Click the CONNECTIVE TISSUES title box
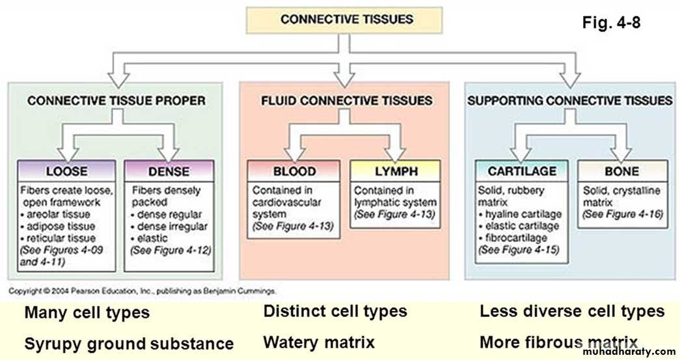[x=347, y=19]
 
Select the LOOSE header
[x=67, y=172]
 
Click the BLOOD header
[x=294, y=172]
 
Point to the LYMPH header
[x=395, y=172]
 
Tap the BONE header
[x=621, y=172]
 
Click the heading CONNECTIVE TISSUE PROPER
[x=117, y=101]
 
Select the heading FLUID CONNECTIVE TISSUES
[x=346, y=101]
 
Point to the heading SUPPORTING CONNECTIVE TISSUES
[x=569, y=101]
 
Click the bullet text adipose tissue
[x=62, y=226]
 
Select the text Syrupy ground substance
[x=129, y=343]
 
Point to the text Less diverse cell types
[x=572, y=311]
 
